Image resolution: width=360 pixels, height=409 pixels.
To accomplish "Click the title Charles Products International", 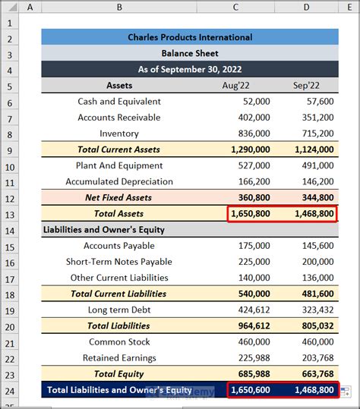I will coord(190,37).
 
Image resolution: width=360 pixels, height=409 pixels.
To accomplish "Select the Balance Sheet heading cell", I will coord(190,53).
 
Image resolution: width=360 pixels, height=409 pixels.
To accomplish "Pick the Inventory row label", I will coord(119,134).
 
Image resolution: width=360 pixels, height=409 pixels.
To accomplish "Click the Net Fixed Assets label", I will coord(118,197).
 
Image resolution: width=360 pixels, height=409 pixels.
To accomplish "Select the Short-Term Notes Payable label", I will coord(119,262).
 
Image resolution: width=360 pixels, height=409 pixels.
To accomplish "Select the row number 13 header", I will coord(11,214).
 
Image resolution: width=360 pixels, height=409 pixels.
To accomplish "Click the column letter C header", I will coord(236,7).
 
